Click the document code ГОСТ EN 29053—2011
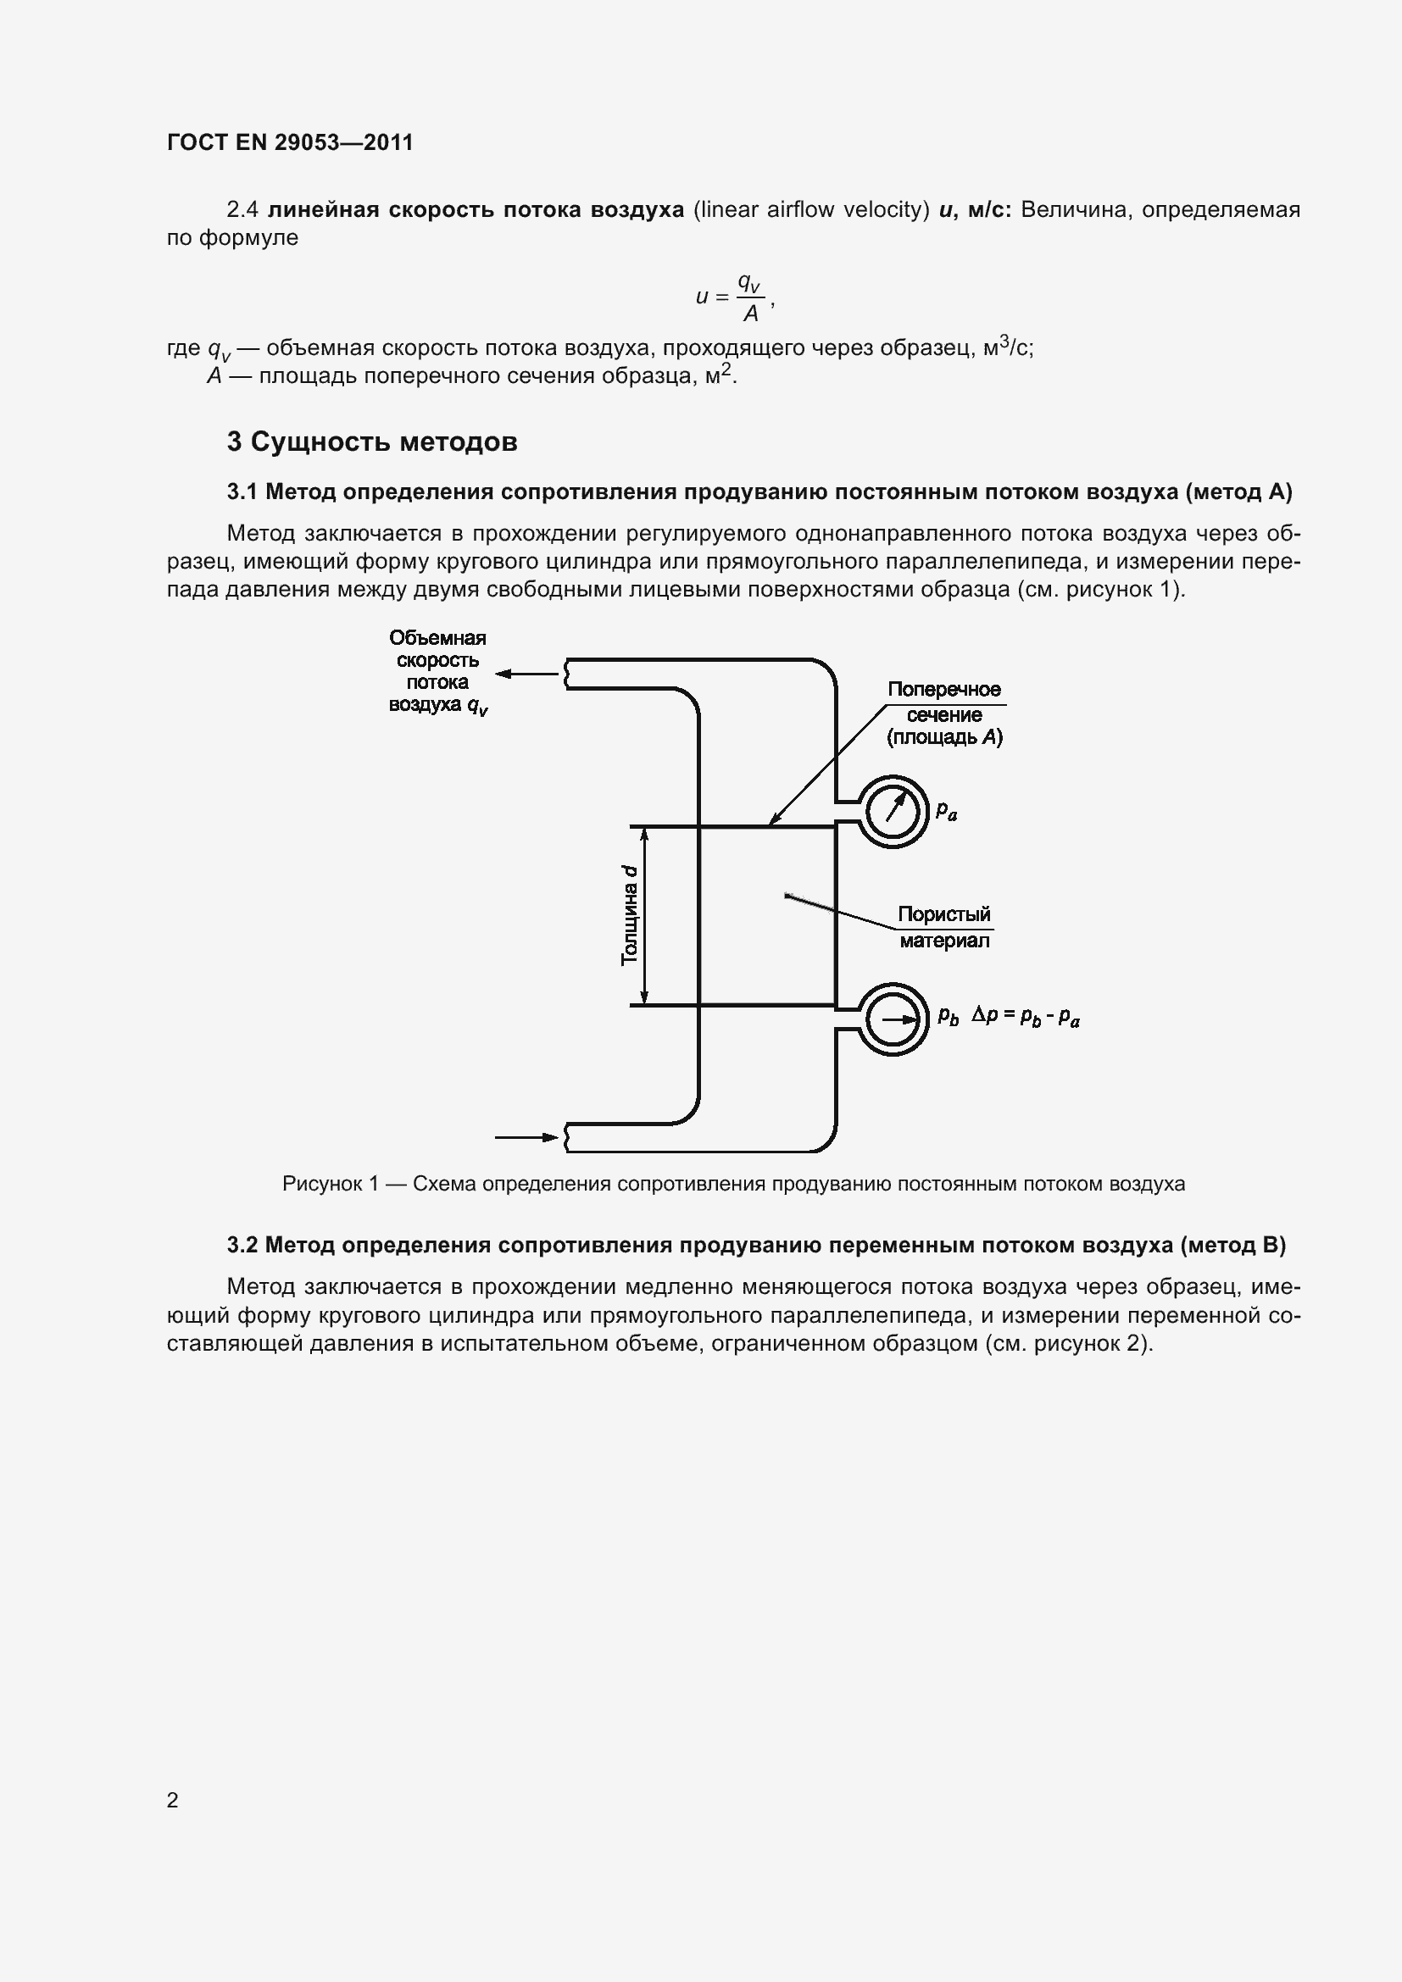point(290,142)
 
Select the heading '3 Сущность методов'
point(372,442)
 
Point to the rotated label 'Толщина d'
point(630,915)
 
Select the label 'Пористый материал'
point(943,927)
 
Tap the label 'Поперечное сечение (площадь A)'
point(944,713)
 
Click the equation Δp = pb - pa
point(1026,1016)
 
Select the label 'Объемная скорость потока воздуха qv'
point(437,672)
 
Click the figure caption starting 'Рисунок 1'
point(733,1184)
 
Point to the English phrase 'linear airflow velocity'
point(810,210)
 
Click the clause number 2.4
point(242,210)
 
